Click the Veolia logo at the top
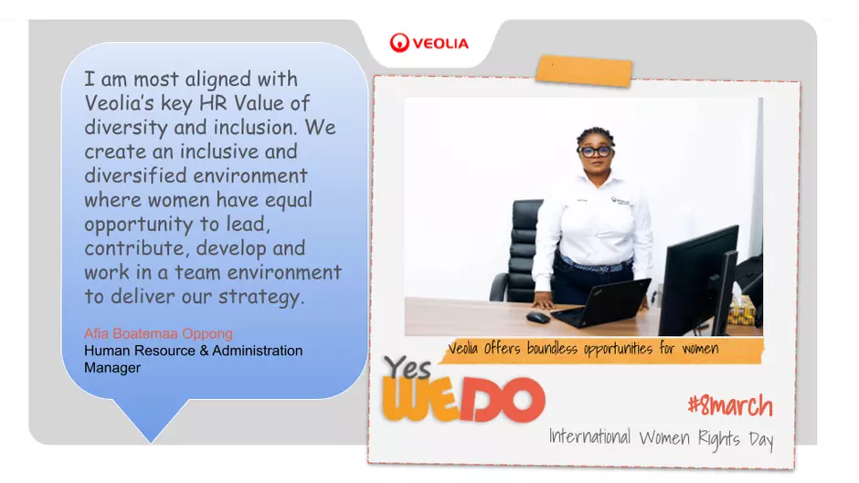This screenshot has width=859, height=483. (429, 43)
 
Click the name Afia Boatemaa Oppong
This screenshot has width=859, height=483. (158, 333)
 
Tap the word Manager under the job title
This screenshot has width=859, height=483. (112, 367)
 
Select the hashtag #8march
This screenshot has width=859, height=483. (730, 405)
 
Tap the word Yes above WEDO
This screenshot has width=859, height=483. (407, 367)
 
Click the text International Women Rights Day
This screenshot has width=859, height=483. (662, 438)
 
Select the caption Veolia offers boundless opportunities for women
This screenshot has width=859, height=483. (583, 348)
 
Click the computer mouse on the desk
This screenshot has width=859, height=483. (538, 318)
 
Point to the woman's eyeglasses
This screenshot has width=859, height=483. (596, 152)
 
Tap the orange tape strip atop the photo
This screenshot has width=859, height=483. (584, 70)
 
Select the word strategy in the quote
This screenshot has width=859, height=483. (260, 298)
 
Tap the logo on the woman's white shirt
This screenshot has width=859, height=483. (620, 202)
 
